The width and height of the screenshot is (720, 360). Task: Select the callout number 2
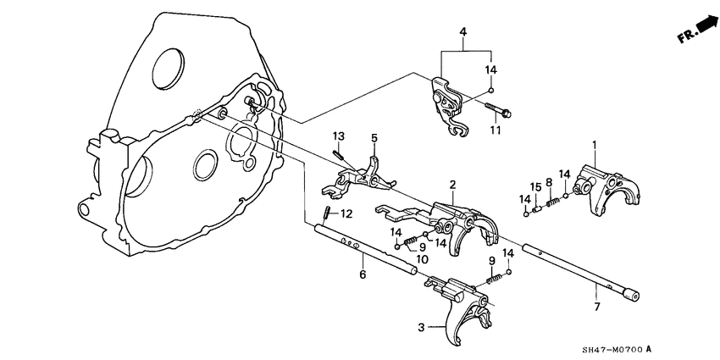453,184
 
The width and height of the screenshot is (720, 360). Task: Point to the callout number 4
462,32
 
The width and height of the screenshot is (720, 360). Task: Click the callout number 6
362,274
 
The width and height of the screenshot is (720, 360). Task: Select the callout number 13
337,136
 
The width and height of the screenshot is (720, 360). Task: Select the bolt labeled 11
501,111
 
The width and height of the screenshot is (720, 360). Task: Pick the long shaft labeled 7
576,270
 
